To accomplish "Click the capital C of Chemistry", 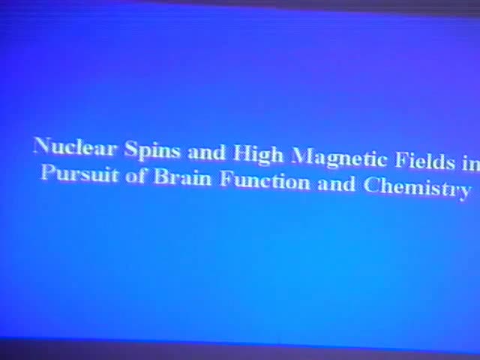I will [x=371, y=185].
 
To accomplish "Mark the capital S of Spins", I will [x=130, y=148].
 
